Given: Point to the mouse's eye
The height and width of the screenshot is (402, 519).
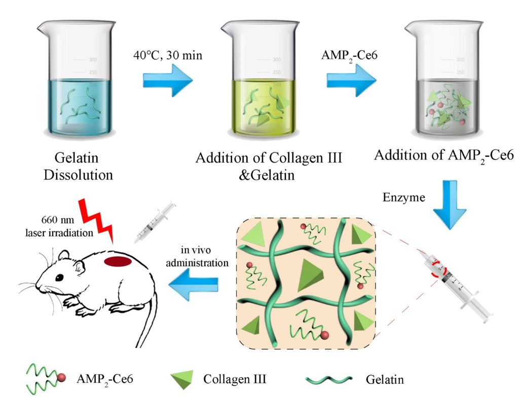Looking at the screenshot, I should [60, 277].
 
